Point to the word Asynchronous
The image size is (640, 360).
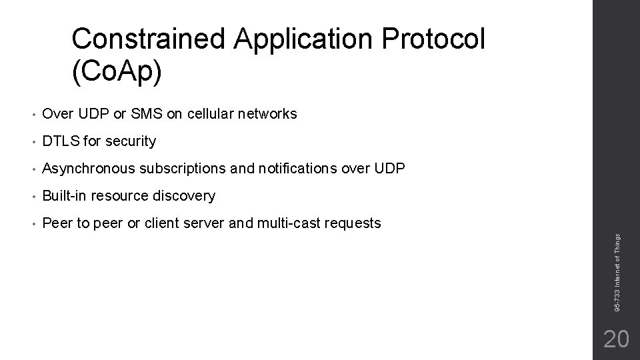[x=88, y=169]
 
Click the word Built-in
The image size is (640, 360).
[x=65, y=196]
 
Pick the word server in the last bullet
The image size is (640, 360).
[x=204, y=223]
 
